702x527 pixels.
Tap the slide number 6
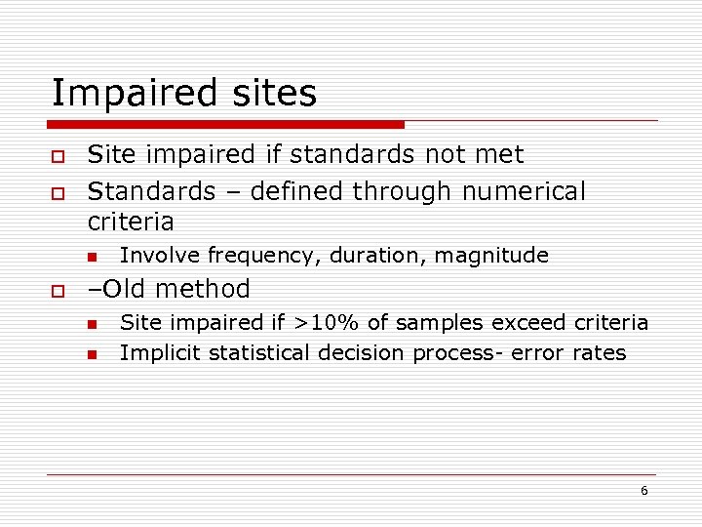(x=643, y=491)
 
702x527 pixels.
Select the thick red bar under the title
(x=226, y=125)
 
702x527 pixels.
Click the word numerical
(x=524, y=191)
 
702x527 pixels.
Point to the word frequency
(x=263, y=257)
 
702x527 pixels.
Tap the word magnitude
(x=491, y=257)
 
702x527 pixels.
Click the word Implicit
(x=156, y=353)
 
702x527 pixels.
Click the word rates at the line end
(x=599, y=353)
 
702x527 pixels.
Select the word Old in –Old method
(x=124, y=289)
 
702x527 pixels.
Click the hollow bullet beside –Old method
(x=58, y=291)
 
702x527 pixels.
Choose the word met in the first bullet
(x=502, y=154)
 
